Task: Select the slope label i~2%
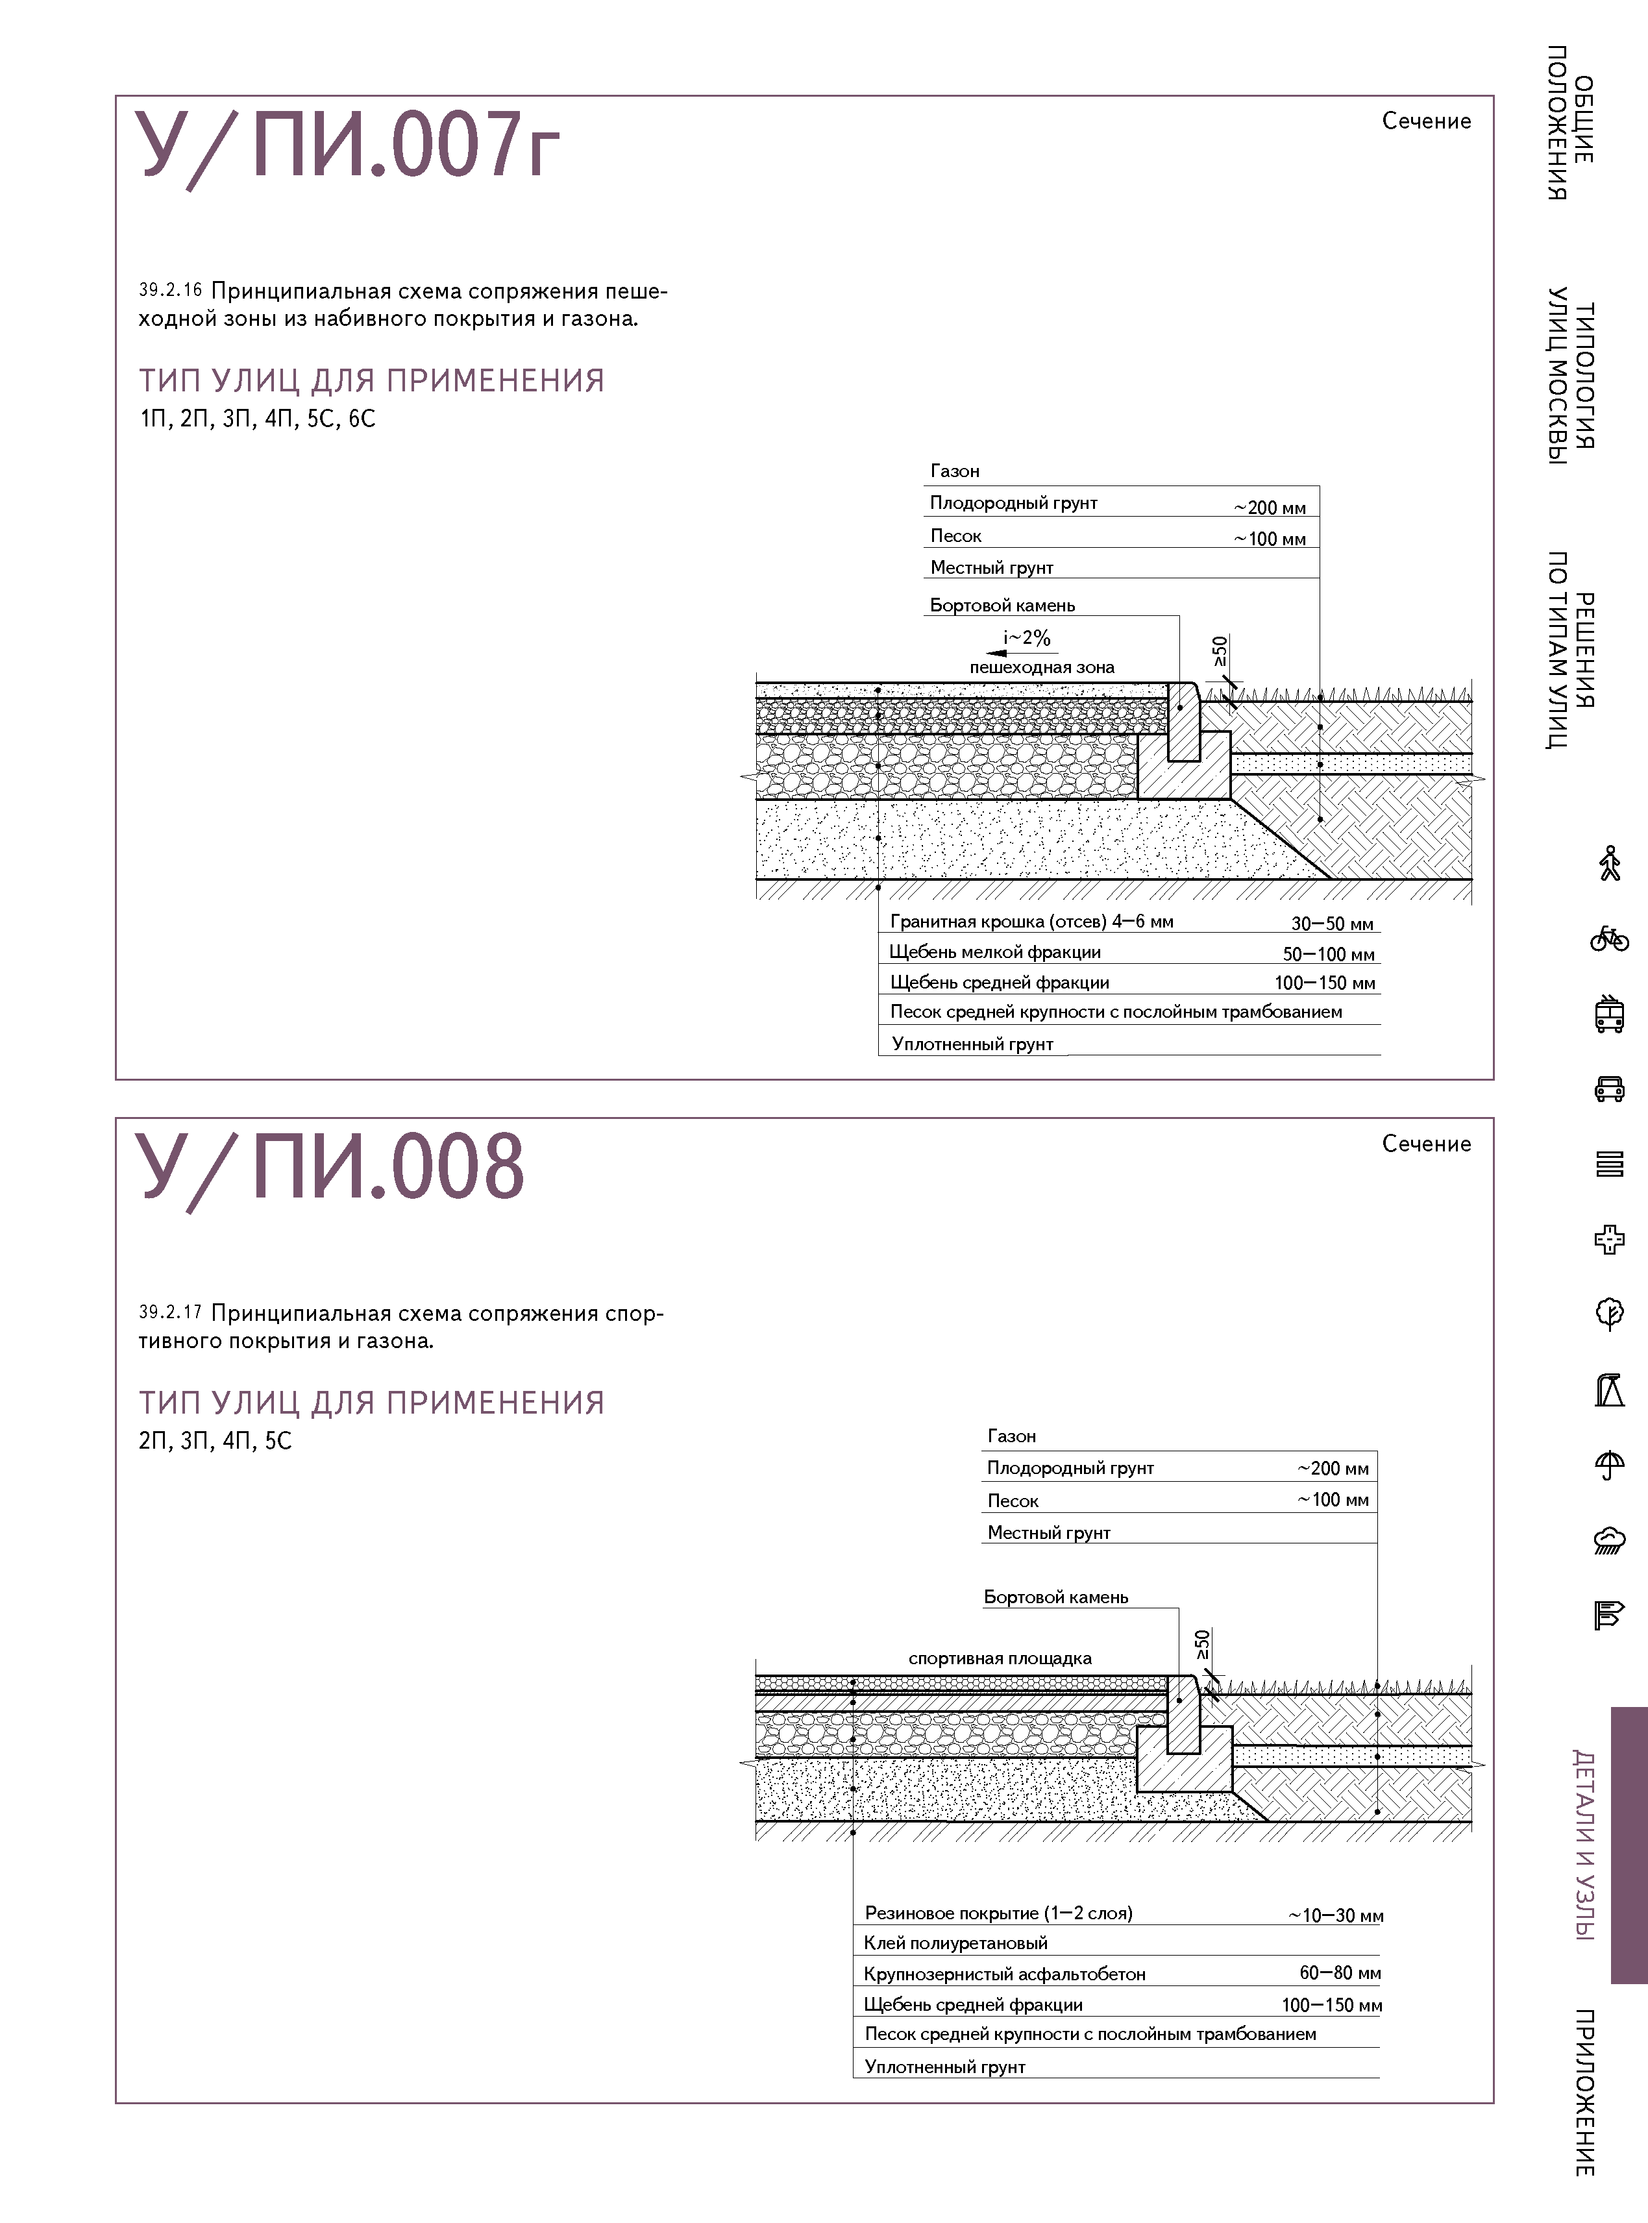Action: pos(1026,637)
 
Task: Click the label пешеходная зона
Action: pos(1042,667)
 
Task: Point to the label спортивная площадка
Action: pos(1000,1658)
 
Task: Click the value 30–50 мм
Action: pos(1332,924)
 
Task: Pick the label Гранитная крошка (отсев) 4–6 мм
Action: pos(1031,922)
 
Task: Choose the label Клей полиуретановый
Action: pos(955,1943)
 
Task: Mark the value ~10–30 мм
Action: pos(1334,1915)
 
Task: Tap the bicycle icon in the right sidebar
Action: pos(1609,939)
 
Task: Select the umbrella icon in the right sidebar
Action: pos(1609,1465)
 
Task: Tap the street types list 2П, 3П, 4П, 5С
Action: pos(215,1440)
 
